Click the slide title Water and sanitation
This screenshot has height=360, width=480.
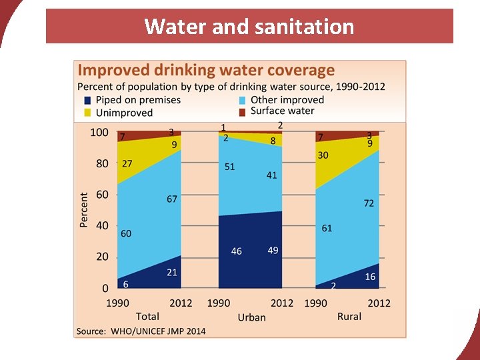point(249,27)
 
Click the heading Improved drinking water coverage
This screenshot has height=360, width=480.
point(206,70)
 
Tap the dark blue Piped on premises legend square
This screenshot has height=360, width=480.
point(87,100)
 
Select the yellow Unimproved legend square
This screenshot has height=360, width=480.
point(87,113)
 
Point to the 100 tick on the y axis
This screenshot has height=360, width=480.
point(99,132)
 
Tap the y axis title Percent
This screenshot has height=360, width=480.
point(84,210)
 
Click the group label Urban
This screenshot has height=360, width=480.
point(251,317)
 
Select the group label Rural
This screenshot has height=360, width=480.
point(349,316)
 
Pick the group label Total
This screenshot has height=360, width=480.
point(147,316)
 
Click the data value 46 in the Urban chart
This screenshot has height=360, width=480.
point(237,251)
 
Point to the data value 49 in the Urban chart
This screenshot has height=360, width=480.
point(273,250)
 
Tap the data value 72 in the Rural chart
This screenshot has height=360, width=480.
point(369,203)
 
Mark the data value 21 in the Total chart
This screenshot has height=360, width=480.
point(171,272)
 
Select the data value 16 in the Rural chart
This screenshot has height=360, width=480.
point(370,277)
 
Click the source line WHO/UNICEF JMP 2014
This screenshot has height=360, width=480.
point(141,331)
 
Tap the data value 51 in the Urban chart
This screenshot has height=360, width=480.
point(229,167)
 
